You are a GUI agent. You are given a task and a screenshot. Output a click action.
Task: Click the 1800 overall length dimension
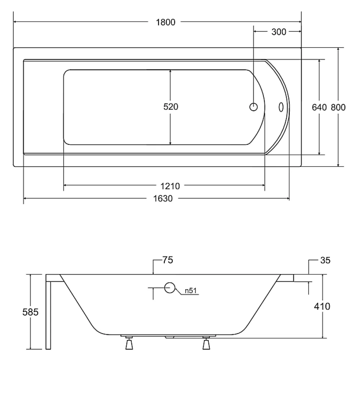click(166, 22)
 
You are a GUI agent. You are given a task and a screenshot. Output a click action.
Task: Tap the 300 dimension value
click(279, 32)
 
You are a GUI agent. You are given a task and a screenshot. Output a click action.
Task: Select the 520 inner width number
click(171, 106)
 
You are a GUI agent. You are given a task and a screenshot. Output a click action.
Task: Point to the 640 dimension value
click(319, 107)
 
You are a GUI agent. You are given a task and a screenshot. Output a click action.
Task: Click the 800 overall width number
click(338, 107)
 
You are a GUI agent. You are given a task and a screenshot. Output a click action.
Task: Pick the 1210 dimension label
click(170, 186)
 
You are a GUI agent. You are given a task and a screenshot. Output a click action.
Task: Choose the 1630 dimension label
click(163, 199)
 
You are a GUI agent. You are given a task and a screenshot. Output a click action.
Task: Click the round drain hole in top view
click(253, 107)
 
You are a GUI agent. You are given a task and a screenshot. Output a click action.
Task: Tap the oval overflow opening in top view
click(281, 107)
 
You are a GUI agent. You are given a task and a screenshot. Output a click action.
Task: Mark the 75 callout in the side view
click(167, 260)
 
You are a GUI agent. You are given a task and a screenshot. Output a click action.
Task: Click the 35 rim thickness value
click(325, 260)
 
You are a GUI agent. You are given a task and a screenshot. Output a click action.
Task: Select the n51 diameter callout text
click(190, 290)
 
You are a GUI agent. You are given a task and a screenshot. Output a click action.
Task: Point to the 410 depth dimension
click(322, 306)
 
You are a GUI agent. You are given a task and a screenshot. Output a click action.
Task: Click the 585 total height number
click(30, 312)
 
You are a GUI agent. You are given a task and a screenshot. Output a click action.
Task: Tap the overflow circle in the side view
click(170, 288)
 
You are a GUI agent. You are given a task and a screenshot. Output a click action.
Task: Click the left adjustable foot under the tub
click(130, 343)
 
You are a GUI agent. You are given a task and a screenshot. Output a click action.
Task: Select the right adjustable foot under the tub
click(206, 343)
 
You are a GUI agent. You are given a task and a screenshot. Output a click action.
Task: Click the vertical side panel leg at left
click(48, 315)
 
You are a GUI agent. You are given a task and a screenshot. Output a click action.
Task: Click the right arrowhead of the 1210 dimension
click(263, 185)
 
